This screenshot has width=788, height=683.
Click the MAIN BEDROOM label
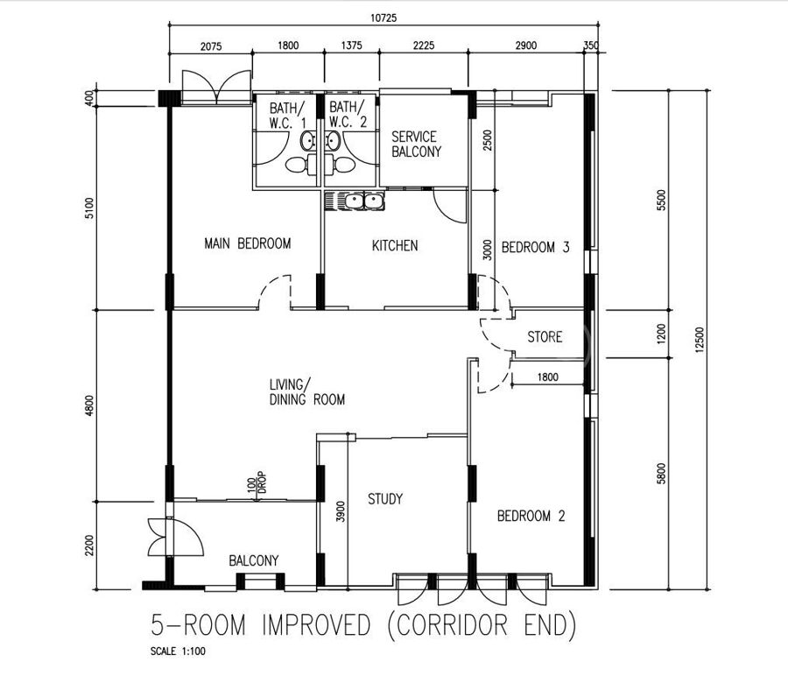[x=247, y=243]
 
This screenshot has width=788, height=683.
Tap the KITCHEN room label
[x=395, y=245]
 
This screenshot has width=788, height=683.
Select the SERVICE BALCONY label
[x=416, y=144]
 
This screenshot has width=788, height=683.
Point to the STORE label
[x=545, y=337]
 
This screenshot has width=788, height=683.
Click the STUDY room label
[x=385, y=499]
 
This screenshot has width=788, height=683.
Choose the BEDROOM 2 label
[x=531, y=516]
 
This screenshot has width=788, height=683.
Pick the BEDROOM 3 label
[x=535, y=247]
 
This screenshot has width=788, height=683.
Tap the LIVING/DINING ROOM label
[x=307, y=392]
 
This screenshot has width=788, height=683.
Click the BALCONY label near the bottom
[x=253, y=560]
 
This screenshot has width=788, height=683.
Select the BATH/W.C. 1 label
[x=287, y=115]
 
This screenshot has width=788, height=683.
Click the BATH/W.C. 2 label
[x=348, y=115]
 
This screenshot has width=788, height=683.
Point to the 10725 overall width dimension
[x=383, y=18]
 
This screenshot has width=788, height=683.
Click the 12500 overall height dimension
[x=700, y=341]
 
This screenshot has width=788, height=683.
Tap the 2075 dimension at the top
[x=211, y=46]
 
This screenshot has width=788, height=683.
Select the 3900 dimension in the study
[x=341, y=511]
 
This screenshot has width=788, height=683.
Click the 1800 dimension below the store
[x=548, y=377]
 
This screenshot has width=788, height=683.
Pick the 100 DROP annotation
[x=257, y=482]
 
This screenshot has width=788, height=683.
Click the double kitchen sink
[x=355, y=201]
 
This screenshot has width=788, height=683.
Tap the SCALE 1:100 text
[x=178, y=651]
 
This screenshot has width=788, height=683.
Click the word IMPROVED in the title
[x=316, y=625]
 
